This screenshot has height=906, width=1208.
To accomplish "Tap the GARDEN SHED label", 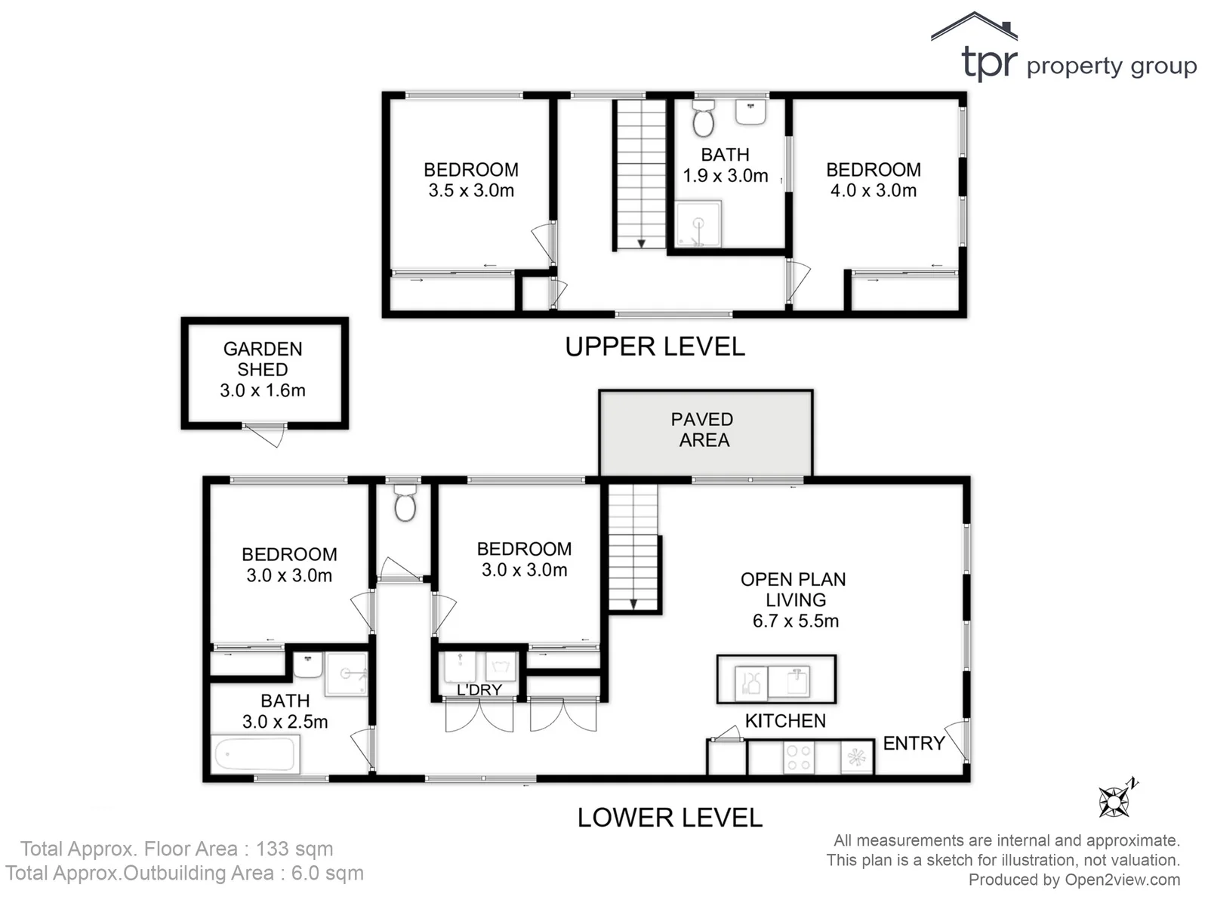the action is [263, 359].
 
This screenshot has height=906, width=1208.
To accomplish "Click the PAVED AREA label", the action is [703, 430].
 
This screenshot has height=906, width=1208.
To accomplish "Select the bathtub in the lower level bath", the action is [255, 754].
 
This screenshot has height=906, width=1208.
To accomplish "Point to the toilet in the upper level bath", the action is [704, 119].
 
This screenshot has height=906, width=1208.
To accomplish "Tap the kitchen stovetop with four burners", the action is [799, 758].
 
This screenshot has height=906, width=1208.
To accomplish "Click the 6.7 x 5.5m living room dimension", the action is [796, 621].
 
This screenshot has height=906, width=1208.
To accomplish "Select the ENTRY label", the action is [914, 744].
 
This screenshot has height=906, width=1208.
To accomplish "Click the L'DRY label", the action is [479, 690].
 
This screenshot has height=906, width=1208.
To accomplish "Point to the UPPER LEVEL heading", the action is [655, 347].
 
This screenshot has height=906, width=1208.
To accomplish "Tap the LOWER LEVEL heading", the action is [670, 818].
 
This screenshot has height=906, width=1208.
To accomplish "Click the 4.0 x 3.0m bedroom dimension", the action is [874, 191].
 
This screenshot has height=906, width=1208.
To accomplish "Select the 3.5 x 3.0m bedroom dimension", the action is [471, 191].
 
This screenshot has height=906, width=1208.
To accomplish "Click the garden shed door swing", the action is [267, 435].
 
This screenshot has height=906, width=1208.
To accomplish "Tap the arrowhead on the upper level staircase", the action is [641, 244].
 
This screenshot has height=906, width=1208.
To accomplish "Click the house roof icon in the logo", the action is [974, 26].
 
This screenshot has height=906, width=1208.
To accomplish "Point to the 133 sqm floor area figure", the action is [294, 849].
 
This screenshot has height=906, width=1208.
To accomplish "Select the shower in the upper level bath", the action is [698, 224].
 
